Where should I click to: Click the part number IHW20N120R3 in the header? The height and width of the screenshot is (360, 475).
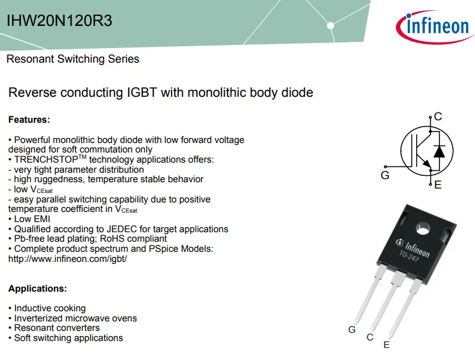pyautogui.click(x=60, y=21)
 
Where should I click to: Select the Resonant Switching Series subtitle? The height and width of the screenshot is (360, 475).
pyautogui.click(x=73, y=59)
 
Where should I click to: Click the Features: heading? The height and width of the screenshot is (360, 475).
pyautogui.click(x=29, y=119)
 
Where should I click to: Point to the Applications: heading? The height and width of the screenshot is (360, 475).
pyautogui.click(x=37, y=289)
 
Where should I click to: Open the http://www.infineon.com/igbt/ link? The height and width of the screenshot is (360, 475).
pyautogui.click(x=68, y=259)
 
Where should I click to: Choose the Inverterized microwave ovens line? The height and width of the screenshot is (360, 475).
pyautogui.click(x=75, y=318)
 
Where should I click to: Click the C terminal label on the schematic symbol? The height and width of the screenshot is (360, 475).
pyautogui.click(x=438, y=116)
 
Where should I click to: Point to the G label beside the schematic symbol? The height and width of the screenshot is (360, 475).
pyautogui.click(x=385, y=175)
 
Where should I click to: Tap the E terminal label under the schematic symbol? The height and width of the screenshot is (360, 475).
pyautogui.click(x=438, y=185)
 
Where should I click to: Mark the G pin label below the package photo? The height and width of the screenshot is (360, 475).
pyautogui.click(x=352, y=330)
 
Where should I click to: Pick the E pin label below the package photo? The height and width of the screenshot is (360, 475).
pyautogui.click(x=386, y=345)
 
